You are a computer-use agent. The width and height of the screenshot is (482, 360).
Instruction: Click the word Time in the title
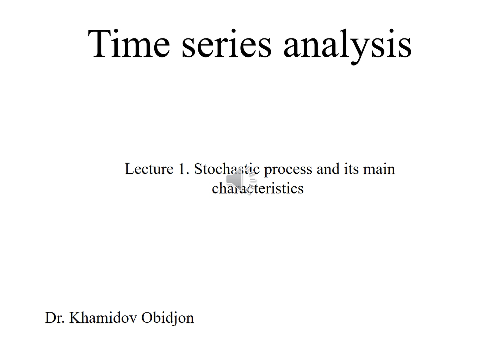coord(129,44)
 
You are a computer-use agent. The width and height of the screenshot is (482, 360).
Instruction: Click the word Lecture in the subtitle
coord(149,169)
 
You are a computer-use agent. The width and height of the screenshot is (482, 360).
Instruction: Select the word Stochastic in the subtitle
coord(227,169)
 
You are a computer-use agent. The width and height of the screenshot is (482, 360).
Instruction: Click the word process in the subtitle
coord(288,170)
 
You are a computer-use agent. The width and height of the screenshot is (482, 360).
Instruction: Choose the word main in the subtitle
coord(379,169)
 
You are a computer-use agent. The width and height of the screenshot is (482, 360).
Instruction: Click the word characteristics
coord(258,188)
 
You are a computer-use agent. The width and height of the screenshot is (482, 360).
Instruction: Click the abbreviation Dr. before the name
coord(55,317)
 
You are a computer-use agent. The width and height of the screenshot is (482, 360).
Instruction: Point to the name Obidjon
coord(168,318)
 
